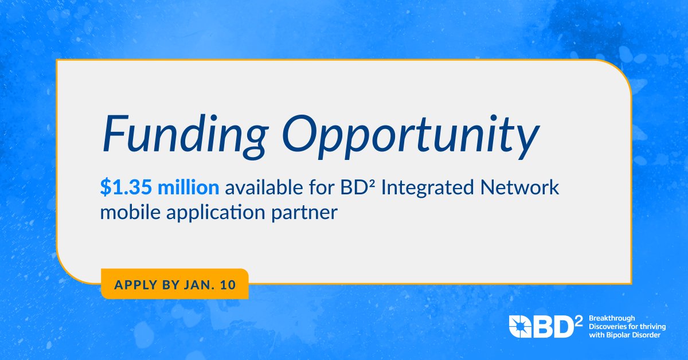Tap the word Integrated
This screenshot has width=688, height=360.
(431, 187)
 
